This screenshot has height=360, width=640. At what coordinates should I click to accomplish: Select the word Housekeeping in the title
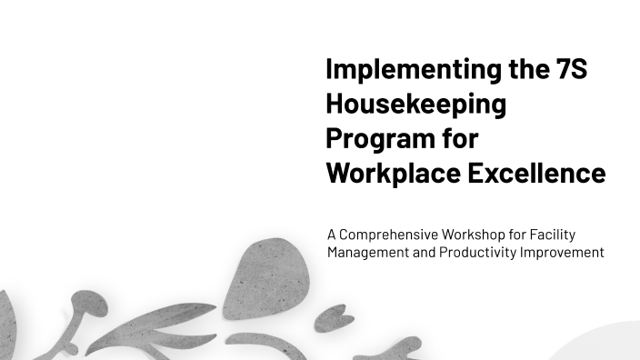click(415, 104)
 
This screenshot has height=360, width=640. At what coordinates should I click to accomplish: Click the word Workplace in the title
click(393, 173)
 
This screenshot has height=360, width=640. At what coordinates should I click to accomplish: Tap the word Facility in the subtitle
click(555, 235)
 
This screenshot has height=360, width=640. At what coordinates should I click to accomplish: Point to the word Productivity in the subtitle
click(478, 253)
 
